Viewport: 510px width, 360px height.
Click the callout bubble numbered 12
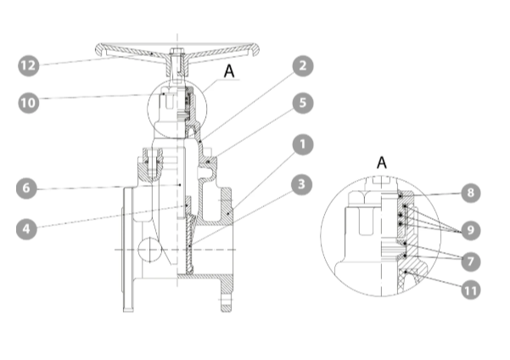(x=29, y=65)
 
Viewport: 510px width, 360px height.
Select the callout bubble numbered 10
(x=29, y=103)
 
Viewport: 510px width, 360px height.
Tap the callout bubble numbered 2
(x=303, y=65)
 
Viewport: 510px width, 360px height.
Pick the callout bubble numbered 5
(x=303, y=103)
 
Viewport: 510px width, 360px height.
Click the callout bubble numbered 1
(x=303, y=144)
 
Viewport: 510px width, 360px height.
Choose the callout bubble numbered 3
(x=301, y=184)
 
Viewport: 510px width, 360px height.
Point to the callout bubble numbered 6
(x=26, y=188)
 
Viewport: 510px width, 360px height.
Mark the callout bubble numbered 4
(x=26, y=229)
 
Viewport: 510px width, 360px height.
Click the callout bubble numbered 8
(x=471, y=193)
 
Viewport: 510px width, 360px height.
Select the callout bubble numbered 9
(x=471, y=230)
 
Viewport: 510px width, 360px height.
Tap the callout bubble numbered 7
(x=471, y=261)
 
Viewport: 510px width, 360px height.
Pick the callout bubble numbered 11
(x=471, y=290)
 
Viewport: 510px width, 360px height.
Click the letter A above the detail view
(x=382, y=162)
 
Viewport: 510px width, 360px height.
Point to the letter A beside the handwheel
(x=229, y=70)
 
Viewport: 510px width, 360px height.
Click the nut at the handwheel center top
(x=177, y=51)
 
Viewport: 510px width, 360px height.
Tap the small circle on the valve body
(x=149, y=250)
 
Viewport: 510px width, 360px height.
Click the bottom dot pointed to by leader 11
(x=406, y=271)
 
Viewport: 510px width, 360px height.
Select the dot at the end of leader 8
(x=401, y=195)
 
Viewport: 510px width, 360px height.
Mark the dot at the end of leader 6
(x=180, y=185)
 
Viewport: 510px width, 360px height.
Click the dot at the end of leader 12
(x=152, y=53)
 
